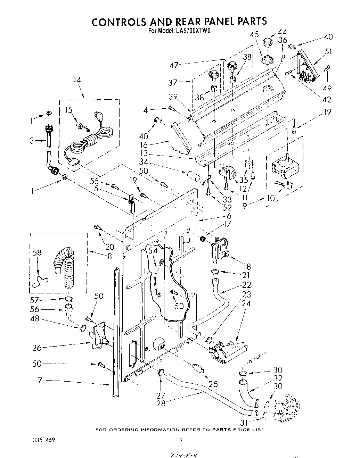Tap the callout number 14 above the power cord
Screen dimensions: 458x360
point(77,80)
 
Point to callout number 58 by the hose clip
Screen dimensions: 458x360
point(37,252)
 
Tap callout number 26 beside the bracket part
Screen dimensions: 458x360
point(38,347)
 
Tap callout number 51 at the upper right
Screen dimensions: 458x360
point(328,52)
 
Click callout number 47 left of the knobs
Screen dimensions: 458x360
point(174,65)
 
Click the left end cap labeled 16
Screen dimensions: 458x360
point(181,139)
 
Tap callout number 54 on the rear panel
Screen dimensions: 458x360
point(153,251)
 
